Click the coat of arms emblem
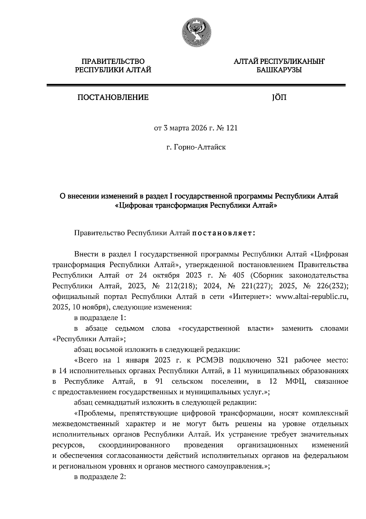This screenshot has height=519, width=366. click(196, 32)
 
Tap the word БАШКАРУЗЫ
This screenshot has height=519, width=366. click(279, 70)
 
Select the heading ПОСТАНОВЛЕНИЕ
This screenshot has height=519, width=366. click(113, 98)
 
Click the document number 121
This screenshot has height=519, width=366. click(231, 128)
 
